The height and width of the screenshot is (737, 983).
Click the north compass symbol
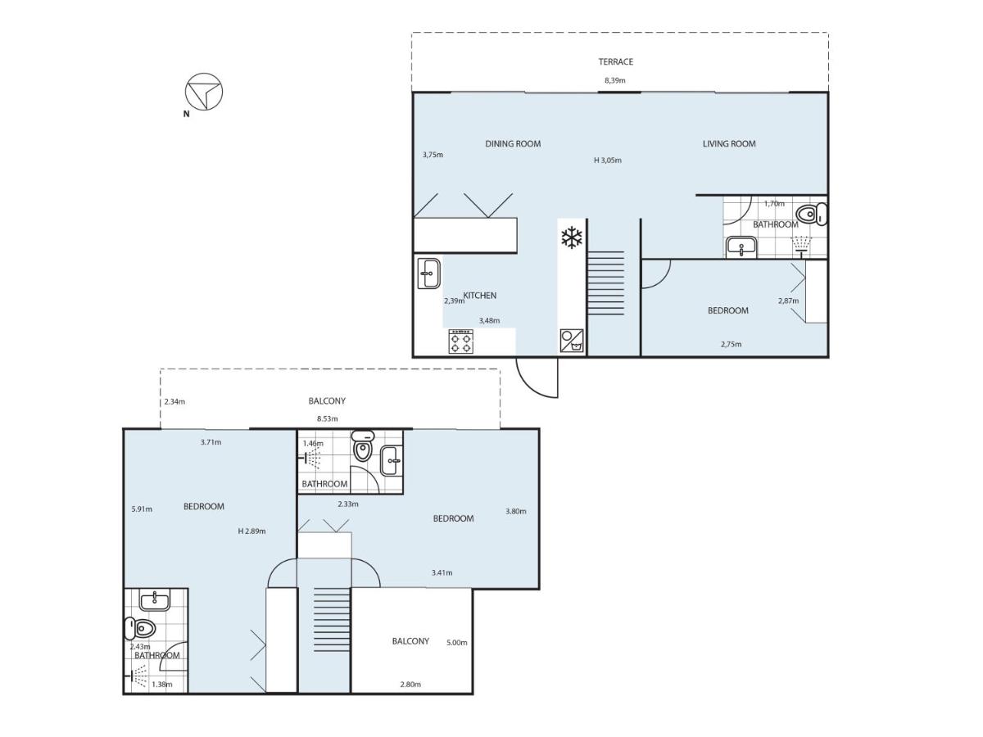pos(204,92)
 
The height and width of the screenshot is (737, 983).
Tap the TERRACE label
pos(616,61)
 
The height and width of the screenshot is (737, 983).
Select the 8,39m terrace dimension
pos(615,80)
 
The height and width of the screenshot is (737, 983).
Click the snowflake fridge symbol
pos(572,237)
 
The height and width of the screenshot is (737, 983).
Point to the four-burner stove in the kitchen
pos(461,341)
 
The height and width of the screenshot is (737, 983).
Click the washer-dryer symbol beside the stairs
pos(572,341)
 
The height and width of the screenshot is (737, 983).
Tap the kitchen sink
pos(429,274)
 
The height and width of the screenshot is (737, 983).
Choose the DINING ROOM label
pos(513,143)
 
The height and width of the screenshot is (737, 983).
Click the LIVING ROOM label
pos(729,143)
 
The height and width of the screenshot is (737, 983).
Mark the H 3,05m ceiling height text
pos(608,161)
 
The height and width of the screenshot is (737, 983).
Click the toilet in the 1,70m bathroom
pos(812,214)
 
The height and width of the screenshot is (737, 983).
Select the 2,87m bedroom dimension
pos(788,301)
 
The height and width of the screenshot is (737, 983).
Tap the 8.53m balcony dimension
pos(328,418)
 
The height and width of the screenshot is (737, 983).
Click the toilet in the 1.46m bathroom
pos(363,445)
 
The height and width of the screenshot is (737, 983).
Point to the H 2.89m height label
pos(251,531)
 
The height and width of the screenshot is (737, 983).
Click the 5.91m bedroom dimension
pos(142,509)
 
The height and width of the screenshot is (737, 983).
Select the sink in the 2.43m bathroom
pos(155,599)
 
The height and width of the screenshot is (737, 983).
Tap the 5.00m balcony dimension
pos(457,643)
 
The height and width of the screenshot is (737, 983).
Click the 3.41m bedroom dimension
pos(442,572)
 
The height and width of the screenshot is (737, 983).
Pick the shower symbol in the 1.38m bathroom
pos(138,676)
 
